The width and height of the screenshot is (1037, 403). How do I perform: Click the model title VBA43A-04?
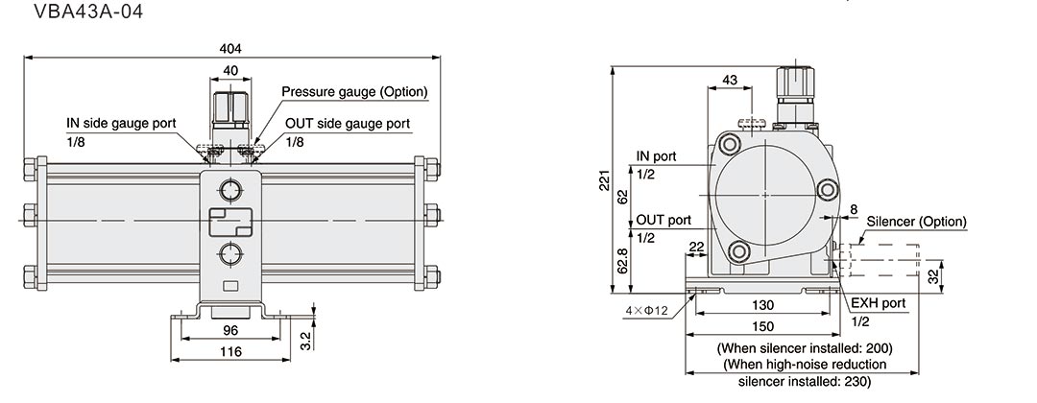pyautogui.click(x=75, y=13)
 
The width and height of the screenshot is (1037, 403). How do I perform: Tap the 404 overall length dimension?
pyautogui.click(x=231, y=48)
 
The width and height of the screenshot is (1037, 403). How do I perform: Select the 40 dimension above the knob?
pyautogui.click(x=231, y=70)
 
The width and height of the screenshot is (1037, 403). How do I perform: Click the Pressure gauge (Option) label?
pyautogui.click(x=354, y=92)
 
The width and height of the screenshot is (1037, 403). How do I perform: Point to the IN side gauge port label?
pyautogui.click(x=121, y=124)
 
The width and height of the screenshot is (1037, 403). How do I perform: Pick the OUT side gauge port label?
pyautogui.click(x=348, y=124)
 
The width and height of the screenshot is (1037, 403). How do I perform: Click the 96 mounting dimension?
pyautogui.click(x=231, y=329)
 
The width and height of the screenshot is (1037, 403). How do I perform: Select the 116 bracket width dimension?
pyautogui.click(x=231, y=351)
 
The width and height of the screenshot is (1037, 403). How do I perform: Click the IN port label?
pyautogui.click(x=656, y=155)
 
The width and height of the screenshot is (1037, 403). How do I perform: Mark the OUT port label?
pyautogui.click(x=663, y=220)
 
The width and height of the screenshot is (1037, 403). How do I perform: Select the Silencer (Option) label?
pyautogui.click(x=916, y=221)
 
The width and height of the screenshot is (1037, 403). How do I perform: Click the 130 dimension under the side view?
pyautogui.click(x=764, y=304)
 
